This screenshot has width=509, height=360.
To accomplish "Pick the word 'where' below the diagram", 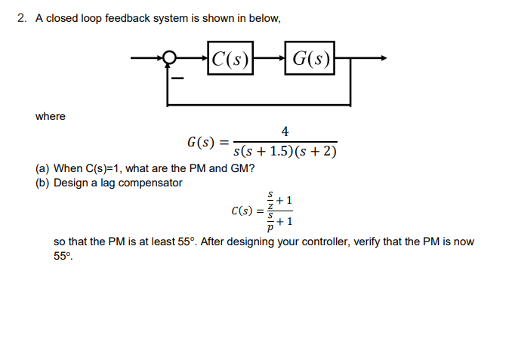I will (x=51, y=116).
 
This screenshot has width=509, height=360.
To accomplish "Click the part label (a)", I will (x=44, y=168).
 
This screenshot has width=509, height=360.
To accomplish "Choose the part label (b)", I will (x=44, y=183).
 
